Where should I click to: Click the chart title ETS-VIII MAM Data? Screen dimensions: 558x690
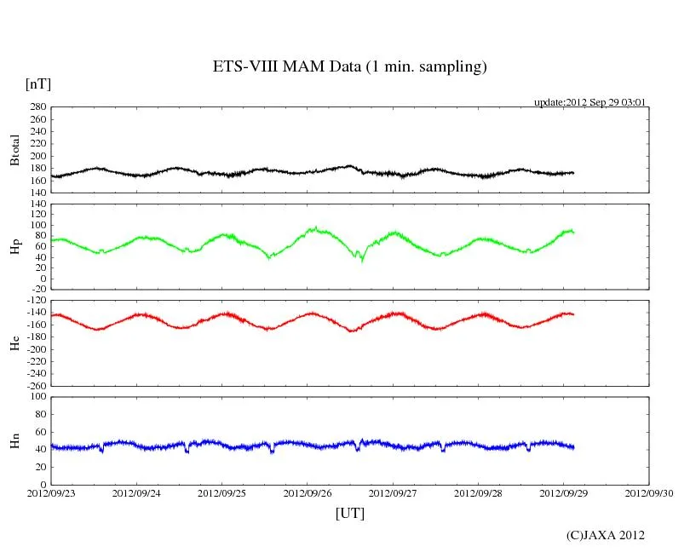(x=349, y=67)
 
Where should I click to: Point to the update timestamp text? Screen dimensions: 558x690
(x=589, y=102)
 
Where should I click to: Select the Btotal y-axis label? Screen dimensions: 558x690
(x=14, y=149)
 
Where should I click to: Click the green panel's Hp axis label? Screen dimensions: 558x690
(x=14, y=247)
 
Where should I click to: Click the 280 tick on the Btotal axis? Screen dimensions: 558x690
(x=37, y=107)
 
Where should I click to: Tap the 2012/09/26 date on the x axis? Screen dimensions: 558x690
(x=308, y=493)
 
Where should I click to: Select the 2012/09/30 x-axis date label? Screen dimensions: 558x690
(x=649, y=493)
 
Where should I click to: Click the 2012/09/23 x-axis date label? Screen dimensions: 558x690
(x=51, y=493)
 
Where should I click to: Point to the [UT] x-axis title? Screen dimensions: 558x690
(x=349, y=513)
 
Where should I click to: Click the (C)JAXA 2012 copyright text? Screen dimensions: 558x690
(x=605, y=535)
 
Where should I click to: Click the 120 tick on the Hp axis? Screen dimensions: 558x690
(x=37, y=204)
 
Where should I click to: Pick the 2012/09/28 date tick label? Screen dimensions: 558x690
(x=479, y=493)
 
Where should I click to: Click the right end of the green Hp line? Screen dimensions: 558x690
(x=574, y=232)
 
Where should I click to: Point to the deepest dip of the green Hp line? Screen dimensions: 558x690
(x=362, y=260)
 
